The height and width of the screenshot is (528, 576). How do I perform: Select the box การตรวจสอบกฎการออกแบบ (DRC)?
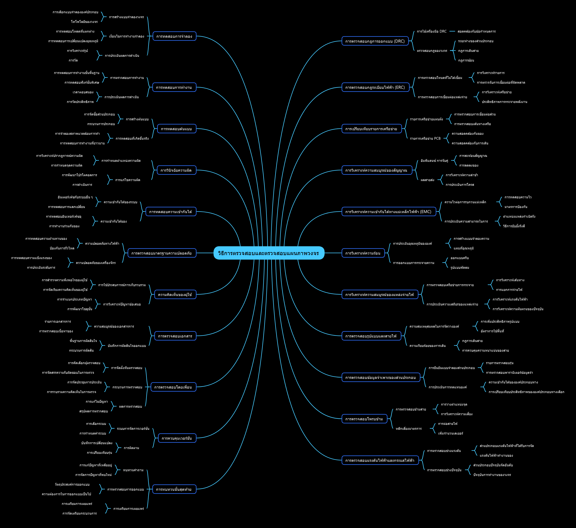coord(375,41)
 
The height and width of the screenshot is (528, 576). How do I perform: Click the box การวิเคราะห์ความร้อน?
coord(363,253)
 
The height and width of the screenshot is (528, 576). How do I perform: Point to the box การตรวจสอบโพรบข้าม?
coord(364,419)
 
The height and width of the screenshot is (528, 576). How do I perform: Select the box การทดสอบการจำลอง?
coord(174,36)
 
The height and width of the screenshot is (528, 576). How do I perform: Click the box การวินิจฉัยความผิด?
coord(176,170)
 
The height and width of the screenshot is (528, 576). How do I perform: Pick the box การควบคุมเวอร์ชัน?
coord(177,438)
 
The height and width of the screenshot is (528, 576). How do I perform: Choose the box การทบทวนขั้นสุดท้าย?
coord(174,489)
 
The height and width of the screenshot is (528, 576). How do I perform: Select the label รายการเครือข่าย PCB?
coord(425,139)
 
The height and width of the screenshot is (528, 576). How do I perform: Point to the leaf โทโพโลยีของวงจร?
coord(84,22)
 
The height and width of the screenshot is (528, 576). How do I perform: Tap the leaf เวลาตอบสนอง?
coord(83,92)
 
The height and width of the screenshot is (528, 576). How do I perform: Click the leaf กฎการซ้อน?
coord(466,60)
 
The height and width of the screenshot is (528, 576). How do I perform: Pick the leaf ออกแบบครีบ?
coord(460,258)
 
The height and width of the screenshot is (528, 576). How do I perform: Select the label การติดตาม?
coord(131,448)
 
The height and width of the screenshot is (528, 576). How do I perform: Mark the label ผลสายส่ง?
coord(427,180)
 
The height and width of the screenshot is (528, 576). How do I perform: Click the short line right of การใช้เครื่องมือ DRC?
coord(452,31)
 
